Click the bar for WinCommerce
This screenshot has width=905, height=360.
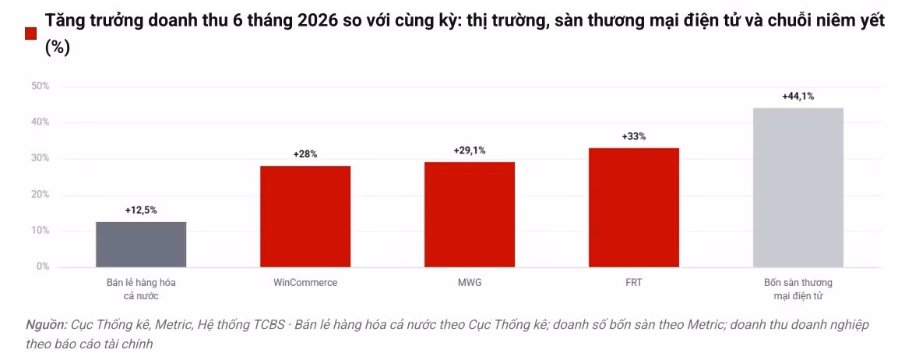305,217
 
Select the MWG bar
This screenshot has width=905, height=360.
469,214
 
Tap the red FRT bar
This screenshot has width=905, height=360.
634,207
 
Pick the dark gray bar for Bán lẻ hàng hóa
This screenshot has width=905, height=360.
141,245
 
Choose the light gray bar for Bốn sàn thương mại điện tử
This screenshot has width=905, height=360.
798,188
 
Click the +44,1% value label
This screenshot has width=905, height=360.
798,97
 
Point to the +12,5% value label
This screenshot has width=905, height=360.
141,210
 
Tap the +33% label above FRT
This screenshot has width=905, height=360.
634,137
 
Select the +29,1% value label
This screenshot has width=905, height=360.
469,150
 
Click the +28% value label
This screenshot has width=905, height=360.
305,154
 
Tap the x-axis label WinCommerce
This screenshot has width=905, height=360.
305,283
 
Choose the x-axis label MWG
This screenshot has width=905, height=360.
469,283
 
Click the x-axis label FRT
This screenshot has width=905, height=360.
634,283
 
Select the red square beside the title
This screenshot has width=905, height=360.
31,34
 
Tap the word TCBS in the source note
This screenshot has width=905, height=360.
269,326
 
